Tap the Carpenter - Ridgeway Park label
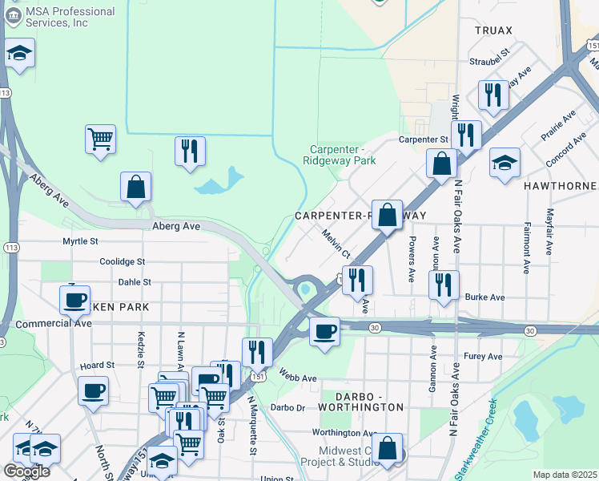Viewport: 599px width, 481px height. click(x=343, y=155)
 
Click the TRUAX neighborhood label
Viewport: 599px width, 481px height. click(x=492, y=30)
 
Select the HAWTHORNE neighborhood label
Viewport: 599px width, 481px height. click(x=560, y=185)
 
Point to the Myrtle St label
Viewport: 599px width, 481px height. click(x=80, y=240)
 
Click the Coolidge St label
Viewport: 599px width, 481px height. click(x=122, y=261)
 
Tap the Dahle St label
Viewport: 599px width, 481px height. click(x=135, y=282)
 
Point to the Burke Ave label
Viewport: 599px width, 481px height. click(x=484, y=297)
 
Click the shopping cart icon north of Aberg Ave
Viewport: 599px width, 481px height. click(x=100, y=139)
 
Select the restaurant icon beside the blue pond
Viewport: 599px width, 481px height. click(x=190, y=151)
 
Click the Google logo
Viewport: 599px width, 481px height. click(x=26, y=471)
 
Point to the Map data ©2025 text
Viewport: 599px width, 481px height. click(x=565, y=475)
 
